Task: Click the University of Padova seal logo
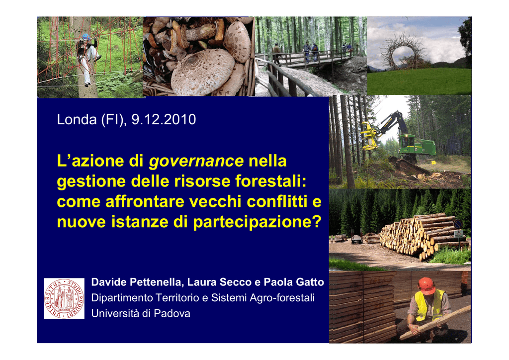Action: point(64,298)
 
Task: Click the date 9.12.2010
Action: point(164,119)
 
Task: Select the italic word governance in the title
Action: point(196,161)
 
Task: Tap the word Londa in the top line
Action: point(77,119)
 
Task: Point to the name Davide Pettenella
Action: point(138,282)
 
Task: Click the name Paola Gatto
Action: point(294,282)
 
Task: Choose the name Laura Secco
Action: point(219,282)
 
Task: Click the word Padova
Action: point(172,314)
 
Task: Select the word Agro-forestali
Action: point(282,298)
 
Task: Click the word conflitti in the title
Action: point(277,201)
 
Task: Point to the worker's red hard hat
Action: point(426,285)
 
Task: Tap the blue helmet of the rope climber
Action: point(86,37)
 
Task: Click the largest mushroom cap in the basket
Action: point(203,72)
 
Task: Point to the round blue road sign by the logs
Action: point(458,224)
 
